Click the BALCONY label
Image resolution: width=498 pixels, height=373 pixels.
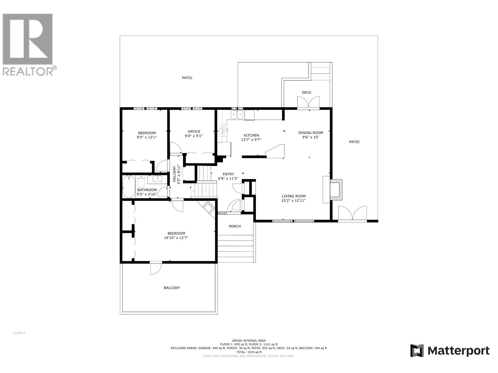172,288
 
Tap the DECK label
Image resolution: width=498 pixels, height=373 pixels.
306,92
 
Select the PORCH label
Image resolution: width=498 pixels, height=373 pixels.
235,226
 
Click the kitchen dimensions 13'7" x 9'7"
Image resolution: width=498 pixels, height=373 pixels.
251,140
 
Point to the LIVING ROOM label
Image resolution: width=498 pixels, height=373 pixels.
294,196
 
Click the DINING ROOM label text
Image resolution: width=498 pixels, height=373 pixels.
311,133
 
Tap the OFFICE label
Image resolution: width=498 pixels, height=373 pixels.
194,131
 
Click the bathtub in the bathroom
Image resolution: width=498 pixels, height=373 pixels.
129,186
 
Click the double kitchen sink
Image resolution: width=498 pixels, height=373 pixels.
237,115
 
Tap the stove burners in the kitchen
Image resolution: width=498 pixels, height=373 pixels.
222,130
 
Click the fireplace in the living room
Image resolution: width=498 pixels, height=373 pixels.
336,189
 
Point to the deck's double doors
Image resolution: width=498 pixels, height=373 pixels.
308,103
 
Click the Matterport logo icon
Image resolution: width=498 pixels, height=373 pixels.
417,351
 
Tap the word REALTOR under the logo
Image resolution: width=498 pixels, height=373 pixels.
28,71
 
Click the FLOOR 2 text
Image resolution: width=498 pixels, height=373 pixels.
19,333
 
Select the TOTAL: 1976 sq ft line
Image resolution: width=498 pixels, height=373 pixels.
249,352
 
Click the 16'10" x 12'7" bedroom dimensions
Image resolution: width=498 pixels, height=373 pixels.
176,238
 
